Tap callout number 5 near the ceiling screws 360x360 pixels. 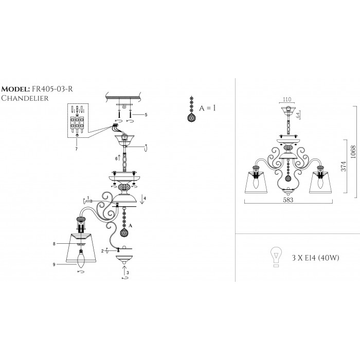click(146, 114)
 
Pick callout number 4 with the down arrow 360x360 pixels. click(146, 198)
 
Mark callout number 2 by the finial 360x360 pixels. click(103, 250)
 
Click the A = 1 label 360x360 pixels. click(207, 107)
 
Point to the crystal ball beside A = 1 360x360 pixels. click(191, 117)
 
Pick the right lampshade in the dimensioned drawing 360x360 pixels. click(321, 182)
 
